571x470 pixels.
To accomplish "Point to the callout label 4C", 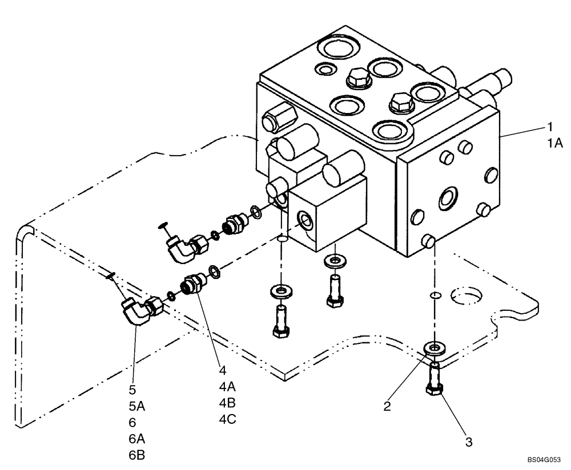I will click(227, 419).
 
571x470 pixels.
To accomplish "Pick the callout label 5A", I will click(137, 407).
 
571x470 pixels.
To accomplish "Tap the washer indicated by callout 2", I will click(434, 347).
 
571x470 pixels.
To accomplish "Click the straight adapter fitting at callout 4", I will click(194, 283).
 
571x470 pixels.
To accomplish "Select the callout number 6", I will click(133, 423).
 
